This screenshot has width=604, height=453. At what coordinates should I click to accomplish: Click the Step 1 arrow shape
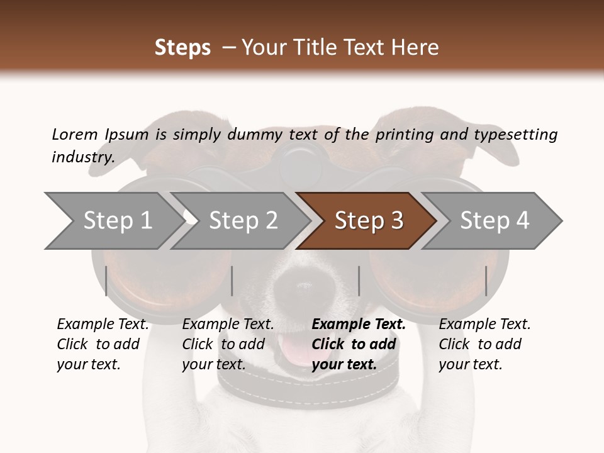pos(113,221)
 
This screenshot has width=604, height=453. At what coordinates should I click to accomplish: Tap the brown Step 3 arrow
pos(368,221)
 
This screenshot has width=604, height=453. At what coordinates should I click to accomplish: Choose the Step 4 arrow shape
pos(494,221)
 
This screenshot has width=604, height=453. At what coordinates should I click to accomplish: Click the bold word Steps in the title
pos(182,48)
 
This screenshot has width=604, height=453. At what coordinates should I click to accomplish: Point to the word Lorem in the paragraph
pos(75,134)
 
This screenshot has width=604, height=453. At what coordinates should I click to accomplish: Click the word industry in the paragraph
pos(82,157)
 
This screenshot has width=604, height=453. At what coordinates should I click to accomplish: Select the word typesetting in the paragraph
pos(515,135)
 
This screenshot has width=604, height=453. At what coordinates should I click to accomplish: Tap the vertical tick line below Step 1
pos(106,281)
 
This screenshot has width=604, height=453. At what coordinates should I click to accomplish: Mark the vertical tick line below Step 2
pos(232,281)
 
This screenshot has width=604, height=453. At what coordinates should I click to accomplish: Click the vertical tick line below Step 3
pos(359,281)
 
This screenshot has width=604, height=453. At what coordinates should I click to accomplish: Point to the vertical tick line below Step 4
pos(486,281)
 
